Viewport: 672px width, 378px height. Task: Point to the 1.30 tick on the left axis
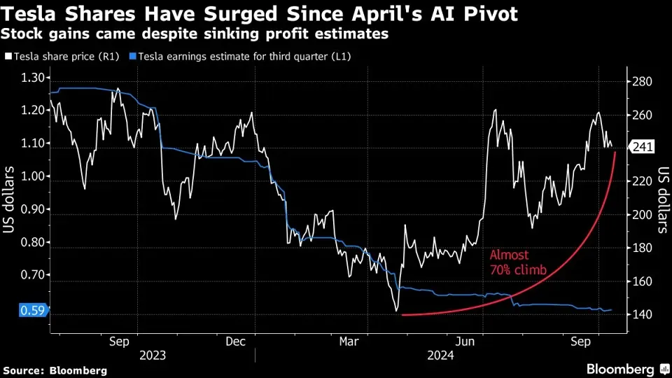(31, 78)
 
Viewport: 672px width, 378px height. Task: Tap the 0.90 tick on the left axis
(31, 209)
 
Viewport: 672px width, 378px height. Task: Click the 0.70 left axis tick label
(31, 275)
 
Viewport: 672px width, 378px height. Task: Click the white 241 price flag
(642, 147)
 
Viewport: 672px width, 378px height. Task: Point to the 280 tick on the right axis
(643, 82)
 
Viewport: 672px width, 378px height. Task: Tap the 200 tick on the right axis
(643, 215)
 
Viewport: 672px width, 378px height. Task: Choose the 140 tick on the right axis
(643, 315)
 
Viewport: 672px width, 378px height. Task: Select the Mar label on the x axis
(349, 342)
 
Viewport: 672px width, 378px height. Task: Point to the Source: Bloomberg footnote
(55, 370)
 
